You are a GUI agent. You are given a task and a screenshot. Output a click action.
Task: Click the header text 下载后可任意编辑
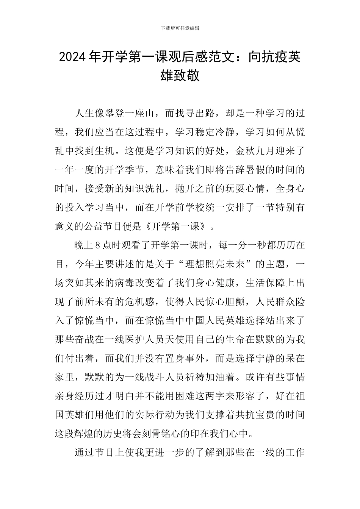coord(180,28)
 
